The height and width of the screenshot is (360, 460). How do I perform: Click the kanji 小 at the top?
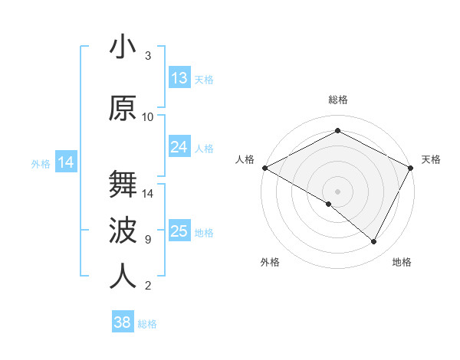pyautogui.click(x=123, y=48)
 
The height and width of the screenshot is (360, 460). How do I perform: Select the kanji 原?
pyautogui.click(x=123, y=108)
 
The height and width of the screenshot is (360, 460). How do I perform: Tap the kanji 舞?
pyautogui.click(x=123, y=185)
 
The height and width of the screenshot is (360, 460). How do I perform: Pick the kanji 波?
pyautogui.click(x=123, y=230)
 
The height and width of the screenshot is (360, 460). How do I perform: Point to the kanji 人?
pyautogui.click(x=123, y=277)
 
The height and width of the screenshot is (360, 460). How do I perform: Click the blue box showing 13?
pyautogui.click(x=179, y=78)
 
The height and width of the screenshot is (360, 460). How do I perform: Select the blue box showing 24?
pyautogui.click(x=179, y=147)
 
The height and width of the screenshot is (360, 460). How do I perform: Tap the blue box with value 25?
pyautogui.click(x=179, y=231)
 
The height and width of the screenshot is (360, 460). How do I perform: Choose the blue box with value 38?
pyautogui.click(x=123, y=322)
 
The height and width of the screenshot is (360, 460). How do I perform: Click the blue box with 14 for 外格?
pyautogui.click(x=66, y=162)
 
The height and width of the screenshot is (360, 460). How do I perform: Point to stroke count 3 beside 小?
pyautogui.click(x=148, y=56)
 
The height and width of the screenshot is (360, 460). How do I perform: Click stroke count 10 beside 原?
pyautogui.click(x=148, y=117)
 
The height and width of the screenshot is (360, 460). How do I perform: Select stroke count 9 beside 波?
pyautogui.click(x=148, y=240)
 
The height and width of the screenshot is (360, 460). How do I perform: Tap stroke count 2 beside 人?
pyautogui.click(x=148, y=286)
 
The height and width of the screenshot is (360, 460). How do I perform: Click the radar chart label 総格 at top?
pyautogui.click(x=337, y=100)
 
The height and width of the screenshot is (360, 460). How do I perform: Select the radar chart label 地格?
pyautogui.click(x=402, y=263)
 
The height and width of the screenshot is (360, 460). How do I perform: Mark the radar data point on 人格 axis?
pyautogui.click(x=264, y=167)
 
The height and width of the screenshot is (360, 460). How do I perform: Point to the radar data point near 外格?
pyautogui.click(x=329, y=204)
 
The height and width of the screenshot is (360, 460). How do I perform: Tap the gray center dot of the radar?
pyautogui.click(x=337, y=190)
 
